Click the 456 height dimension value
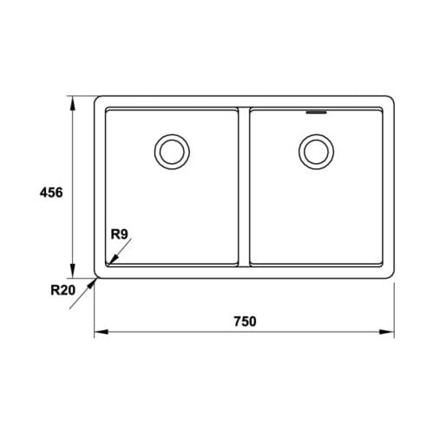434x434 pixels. pos(50,193)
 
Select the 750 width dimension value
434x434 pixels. pos(245,320)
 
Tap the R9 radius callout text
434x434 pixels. pos(120,233)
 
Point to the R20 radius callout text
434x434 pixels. pos(62,290)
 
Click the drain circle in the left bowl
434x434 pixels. pos(170,150)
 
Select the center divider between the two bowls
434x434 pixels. pos(243,187)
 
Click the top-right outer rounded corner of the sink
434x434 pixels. pos(392,100)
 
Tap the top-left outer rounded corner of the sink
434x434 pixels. pos(96,100)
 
